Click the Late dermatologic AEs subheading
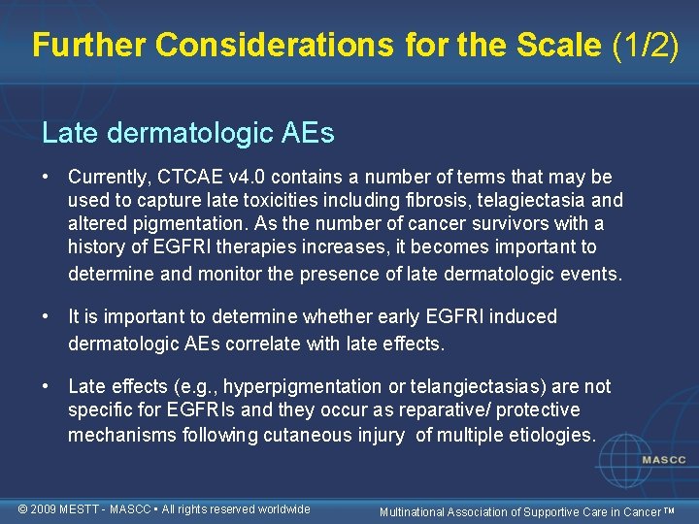point(188,133)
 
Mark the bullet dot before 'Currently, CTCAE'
point(47,178)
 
